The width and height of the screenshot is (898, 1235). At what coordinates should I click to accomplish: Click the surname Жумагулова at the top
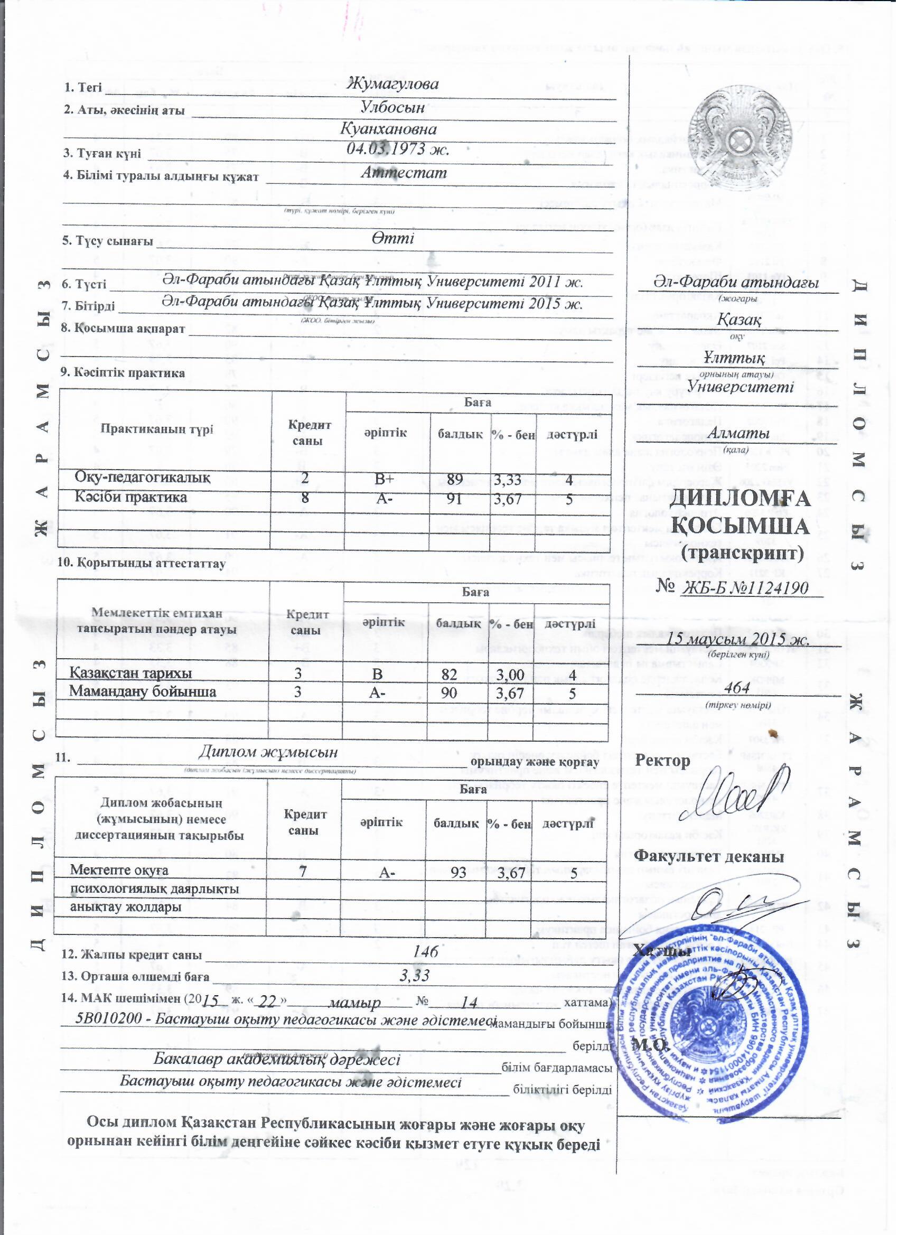(x=392, y=85)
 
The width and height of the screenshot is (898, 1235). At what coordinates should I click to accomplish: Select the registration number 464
(x=738, y=688)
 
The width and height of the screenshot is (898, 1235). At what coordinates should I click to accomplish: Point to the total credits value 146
(x=426, y=952)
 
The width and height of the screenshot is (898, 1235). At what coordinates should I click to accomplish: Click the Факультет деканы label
(x=709, y=857)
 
